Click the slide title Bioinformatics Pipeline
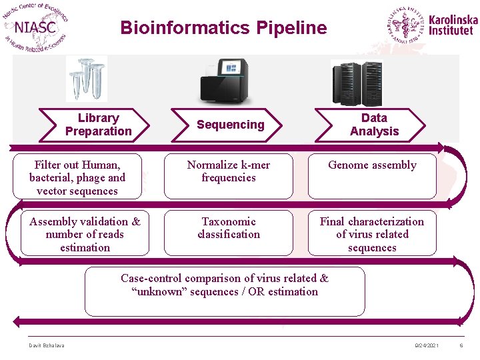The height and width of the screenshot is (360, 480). tap(223, 28)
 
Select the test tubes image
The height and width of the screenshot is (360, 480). tap(86, 78)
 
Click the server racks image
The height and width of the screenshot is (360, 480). tap(357, 83)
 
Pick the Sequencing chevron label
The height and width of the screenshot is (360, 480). tap(231, 125)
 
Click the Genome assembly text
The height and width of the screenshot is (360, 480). tap(372, 165)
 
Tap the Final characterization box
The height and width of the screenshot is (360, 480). tap(372, 234)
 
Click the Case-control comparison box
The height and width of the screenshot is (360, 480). tap(225, 291)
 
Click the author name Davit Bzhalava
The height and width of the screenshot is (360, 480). tap(45, 345)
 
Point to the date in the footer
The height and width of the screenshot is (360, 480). tap(427, 345)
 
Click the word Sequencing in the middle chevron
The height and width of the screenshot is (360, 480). tap(231, 125)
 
